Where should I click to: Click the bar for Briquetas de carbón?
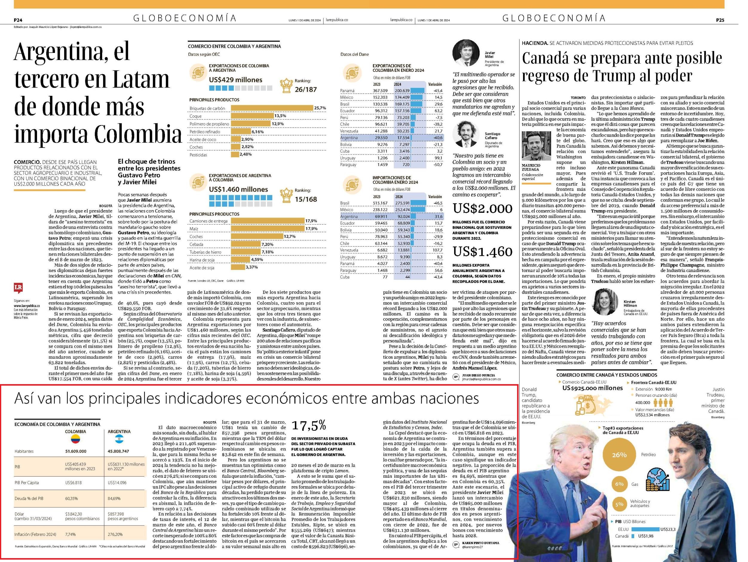[x=272, y=108]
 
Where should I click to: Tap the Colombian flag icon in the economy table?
[x=75, y=439]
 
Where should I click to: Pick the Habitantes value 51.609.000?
[x=76, y=451]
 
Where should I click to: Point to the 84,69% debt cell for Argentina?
[x=114, y=498]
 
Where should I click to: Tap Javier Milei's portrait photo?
[x=467, y=53]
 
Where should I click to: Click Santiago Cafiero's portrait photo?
[x=467, y=134]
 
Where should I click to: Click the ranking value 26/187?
[x=306, y=90]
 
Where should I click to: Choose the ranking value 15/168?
[x=306, y=199]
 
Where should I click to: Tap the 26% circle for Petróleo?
[x=619, y=455]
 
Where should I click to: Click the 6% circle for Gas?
[x=619, y=484]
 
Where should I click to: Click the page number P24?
[x=18, y=20]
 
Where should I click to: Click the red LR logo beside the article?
[x=18, y=288]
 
